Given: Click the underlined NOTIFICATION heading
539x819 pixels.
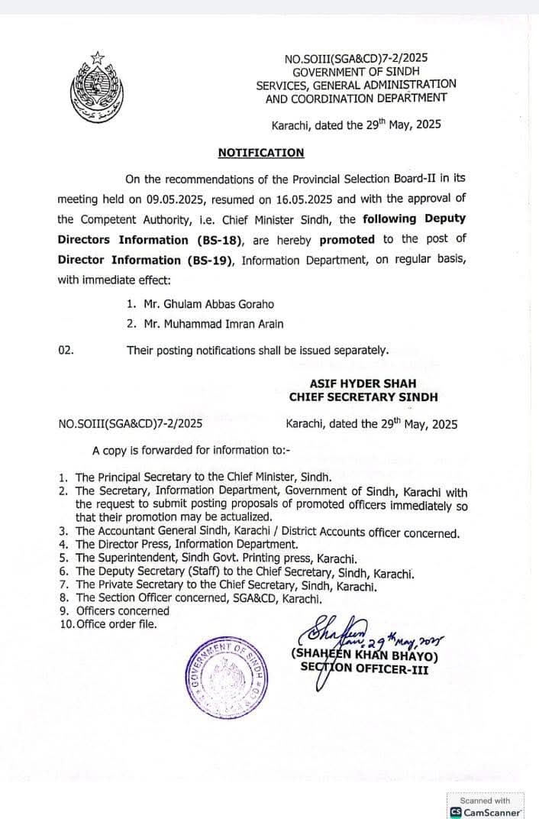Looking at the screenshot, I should (x=261, y=153).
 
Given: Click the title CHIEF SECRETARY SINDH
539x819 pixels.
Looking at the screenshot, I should (x=363, y=397).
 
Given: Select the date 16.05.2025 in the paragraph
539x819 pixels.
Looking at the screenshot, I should (x=300, y=199).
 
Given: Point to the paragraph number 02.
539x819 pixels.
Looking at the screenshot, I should (x=66, y=351).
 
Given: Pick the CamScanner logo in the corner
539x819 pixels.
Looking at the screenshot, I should (x=455, y=812).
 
